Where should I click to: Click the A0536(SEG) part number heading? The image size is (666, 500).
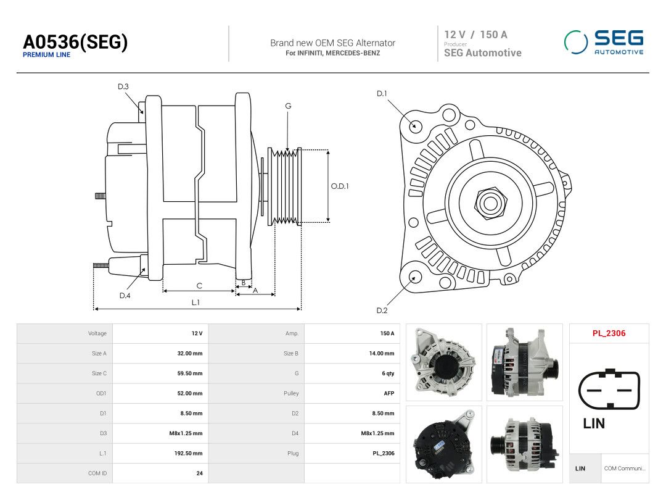click(75, 42)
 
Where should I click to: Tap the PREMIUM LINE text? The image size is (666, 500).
click(46, 55)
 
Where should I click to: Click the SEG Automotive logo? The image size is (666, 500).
click(604, 42)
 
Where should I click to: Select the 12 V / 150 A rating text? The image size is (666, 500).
click(475, 35)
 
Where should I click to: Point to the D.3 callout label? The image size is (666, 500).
click(123, 87)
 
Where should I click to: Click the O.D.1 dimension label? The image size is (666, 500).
click(340, 186)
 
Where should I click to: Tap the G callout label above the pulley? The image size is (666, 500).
click(288, 106)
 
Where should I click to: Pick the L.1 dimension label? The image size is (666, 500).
click(195, 302)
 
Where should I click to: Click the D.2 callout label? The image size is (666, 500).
click(382, 310)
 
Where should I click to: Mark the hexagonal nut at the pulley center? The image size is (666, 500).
click(491, 203)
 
